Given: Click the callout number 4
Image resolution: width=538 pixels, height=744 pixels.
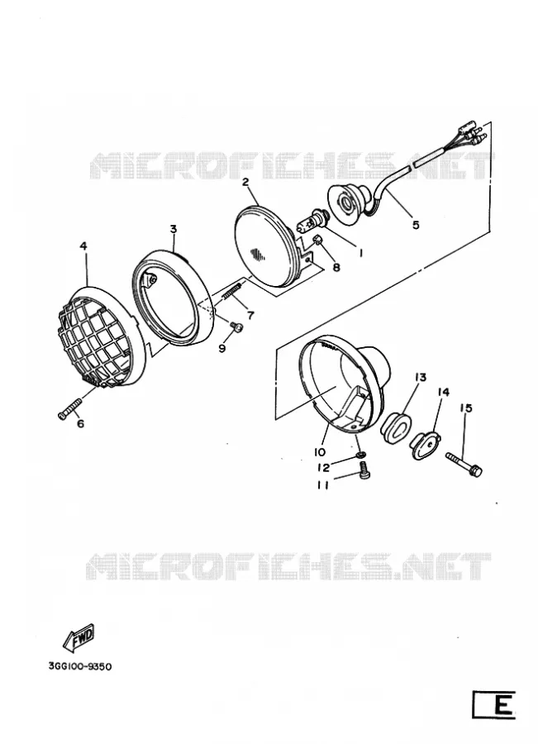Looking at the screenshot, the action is (83, 246).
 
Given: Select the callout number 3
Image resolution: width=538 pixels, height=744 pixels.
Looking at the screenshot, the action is (174, 229).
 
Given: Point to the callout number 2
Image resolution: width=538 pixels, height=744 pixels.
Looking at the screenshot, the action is (245, 182).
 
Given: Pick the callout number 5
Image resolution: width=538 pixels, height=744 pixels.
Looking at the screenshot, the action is (416, 224).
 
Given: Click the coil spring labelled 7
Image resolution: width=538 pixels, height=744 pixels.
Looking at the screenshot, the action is (232, 294).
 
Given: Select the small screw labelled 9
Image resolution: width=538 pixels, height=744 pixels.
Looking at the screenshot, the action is (236, 326).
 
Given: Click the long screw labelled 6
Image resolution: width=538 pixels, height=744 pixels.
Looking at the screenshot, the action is (69, 409).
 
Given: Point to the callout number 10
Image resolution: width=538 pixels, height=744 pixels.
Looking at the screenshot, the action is (319, 451).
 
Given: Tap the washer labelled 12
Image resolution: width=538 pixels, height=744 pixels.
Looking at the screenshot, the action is (361, 456).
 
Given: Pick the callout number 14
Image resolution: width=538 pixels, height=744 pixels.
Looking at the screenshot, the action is (443, 392).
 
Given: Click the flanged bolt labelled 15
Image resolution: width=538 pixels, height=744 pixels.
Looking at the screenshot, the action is (464, 465).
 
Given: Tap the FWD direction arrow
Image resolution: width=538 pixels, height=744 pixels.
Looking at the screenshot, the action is (79, 637).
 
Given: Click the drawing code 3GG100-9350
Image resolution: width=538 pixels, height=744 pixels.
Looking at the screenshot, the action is (79, 666).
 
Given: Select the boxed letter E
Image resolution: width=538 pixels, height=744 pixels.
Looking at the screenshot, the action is (494, 705).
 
